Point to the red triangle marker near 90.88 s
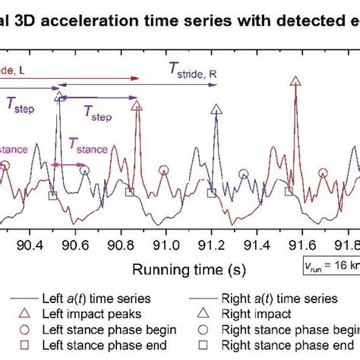(x=137, y=108)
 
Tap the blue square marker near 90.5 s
(x=52, y=196)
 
